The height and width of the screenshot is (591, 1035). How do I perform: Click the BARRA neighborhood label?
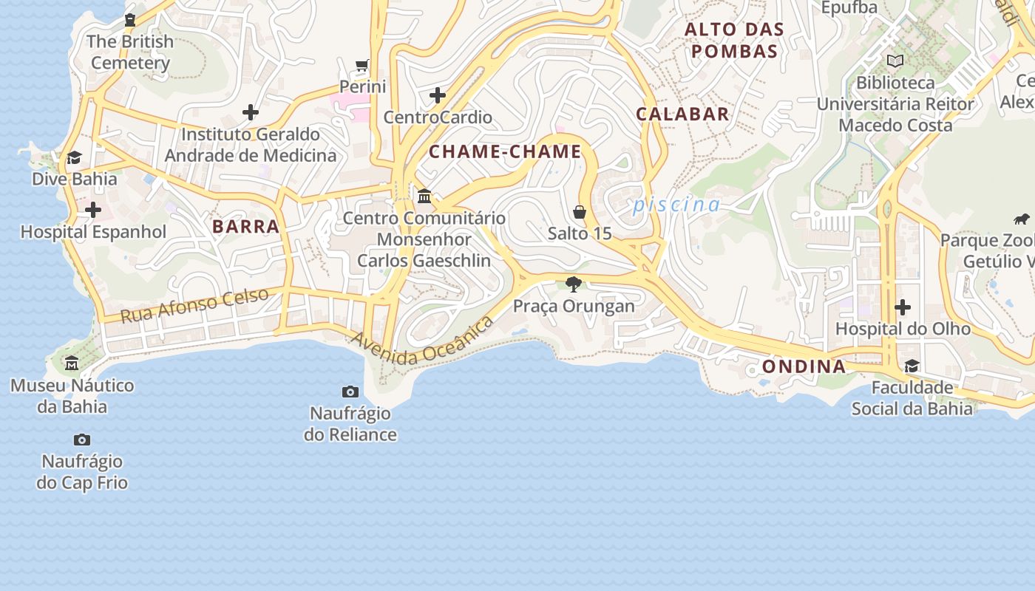[245, 227]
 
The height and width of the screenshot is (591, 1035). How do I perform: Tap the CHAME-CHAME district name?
[506, 152]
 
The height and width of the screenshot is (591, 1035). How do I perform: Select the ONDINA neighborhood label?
[804, 366]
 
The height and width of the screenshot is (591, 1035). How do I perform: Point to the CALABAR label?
[682, 115]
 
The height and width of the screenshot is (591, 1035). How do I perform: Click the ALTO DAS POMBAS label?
[733, 41]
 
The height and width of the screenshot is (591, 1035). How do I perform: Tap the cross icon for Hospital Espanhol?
[93, 211]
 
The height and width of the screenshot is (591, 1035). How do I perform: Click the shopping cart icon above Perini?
[362, 66]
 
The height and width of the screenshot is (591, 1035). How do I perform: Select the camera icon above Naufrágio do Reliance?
[350, 392]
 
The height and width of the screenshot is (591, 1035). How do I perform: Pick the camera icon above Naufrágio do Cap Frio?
[82, 440]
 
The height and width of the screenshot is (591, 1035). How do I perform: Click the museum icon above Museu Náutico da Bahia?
[72, 363]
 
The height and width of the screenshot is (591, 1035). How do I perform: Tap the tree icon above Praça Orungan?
[573, 284]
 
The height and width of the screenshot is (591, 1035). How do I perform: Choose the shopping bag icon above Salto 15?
[580, 212]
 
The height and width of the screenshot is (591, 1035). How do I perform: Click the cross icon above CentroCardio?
[438, 95]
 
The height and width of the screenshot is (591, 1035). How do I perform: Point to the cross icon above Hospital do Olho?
[903, 307]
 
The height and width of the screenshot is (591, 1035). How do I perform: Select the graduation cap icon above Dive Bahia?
[74, 157]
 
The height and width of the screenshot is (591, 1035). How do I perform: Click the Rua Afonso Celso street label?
[194, 305]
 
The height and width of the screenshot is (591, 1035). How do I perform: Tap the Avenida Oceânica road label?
[422, 343]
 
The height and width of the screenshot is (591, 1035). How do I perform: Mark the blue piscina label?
[676, 205]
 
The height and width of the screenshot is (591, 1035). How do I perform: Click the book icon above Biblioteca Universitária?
[895, 61]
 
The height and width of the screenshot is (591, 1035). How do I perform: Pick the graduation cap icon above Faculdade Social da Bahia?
[912, 366]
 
